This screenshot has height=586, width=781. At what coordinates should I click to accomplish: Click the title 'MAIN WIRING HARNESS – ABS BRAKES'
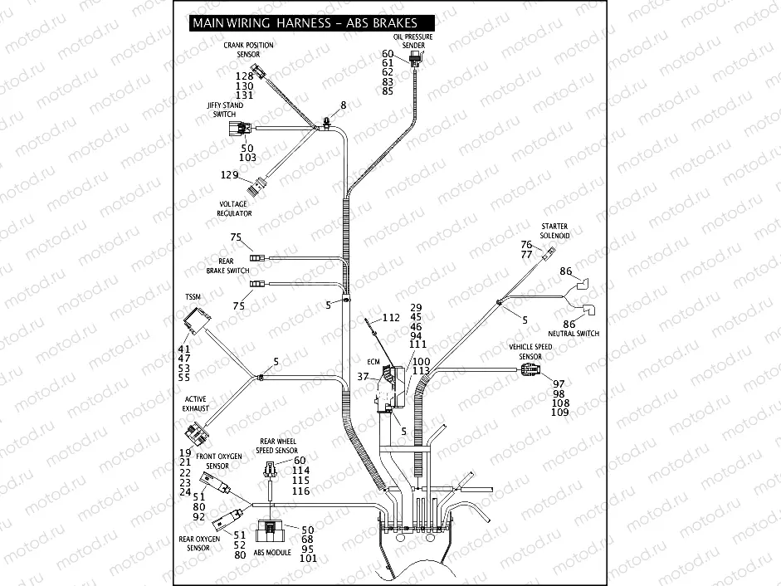(304, 23)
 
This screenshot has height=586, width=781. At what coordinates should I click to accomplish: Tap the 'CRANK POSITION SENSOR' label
(248, 50)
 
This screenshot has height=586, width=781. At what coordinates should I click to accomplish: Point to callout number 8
(342, 105)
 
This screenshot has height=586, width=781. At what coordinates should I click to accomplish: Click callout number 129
(230, 174)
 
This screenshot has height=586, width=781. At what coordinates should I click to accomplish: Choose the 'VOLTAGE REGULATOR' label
(235, 208)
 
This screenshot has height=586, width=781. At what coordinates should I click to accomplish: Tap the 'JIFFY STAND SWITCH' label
(225, 110)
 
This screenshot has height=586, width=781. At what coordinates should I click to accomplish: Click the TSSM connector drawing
(198, 321)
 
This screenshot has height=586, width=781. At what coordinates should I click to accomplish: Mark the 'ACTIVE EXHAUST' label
(196, 403)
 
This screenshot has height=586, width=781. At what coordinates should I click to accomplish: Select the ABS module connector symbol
(271, 531)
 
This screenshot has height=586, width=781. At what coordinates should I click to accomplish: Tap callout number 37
(363, 377)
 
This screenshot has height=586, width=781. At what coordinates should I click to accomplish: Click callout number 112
(392, 318)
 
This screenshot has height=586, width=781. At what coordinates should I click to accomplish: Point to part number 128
(244, 76)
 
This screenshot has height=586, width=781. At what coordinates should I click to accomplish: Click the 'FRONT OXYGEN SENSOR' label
(218, 461)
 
